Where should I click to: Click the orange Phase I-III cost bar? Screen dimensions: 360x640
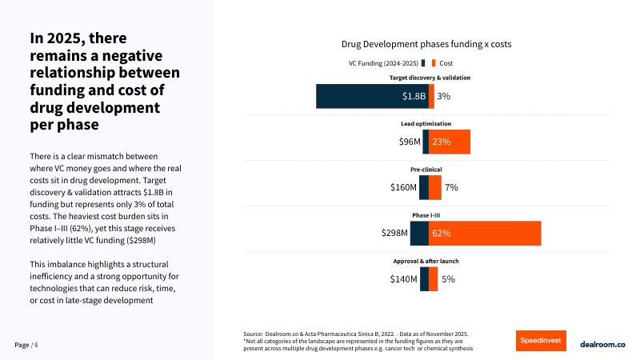pyautogui.click(x=485, y=233)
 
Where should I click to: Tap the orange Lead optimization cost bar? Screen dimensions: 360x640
pyautogui.click(x=449, y=142)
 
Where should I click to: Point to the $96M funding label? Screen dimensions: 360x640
pyautogui.click(x=409, y=142)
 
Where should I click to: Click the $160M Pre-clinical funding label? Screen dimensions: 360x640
pyautogui.click(x=404, y=187)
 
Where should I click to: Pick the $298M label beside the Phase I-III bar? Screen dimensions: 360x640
pyautogui.click(x=394, y=233)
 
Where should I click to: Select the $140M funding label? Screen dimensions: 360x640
pyautogui.click(x=404, y=278)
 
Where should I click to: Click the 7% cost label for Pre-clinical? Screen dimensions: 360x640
pyautogui.click(x=451, y=187)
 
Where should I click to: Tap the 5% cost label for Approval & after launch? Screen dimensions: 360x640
pyautogui.click(x=448, y=278)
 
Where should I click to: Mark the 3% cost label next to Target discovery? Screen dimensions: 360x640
pyautogui.click(x=443, y=96)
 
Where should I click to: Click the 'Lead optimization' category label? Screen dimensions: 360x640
pyautogui.click(x=426, y=124)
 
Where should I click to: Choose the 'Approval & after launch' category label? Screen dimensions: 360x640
pyautogui.click(x=426, y=262)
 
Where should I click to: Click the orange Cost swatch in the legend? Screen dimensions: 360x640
pyautogui.click(x=433, y=62)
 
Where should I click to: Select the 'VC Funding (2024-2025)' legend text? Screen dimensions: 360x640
pyautogui.click(x=382, y=62)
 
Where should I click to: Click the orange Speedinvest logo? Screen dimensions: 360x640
pyautogui.click(x=541, y=340)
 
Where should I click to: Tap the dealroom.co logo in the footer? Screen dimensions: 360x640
pyautogui.click(x=602, y=340)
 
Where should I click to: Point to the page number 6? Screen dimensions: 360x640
pyautogui.click(x=36, y=344)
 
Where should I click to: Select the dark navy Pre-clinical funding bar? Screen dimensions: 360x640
pyautogui.click(x=424, y=187)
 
